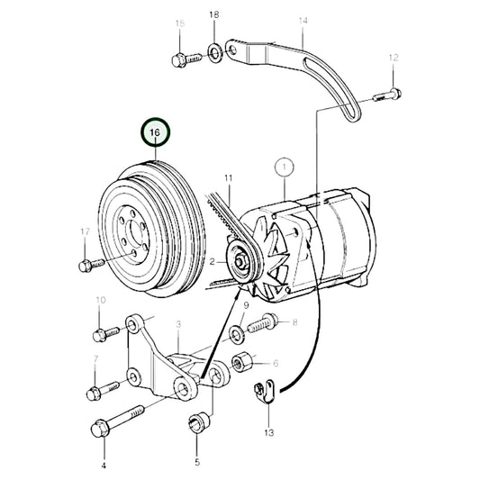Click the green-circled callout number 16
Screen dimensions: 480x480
(155, 134)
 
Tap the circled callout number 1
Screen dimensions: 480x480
(285, 167)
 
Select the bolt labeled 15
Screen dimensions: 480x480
(179, 61)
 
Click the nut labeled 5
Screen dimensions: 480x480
(197, 421)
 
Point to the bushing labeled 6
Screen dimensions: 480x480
(243, 364)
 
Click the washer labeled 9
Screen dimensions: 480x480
(236, 335)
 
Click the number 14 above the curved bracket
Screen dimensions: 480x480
(303, 20)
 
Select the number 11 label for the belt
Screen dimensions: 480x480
(229, 178)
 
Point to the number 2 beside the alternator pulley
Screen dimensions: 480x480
(212, 262)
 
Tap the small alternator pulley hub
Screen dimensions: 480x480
(241, 263)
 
